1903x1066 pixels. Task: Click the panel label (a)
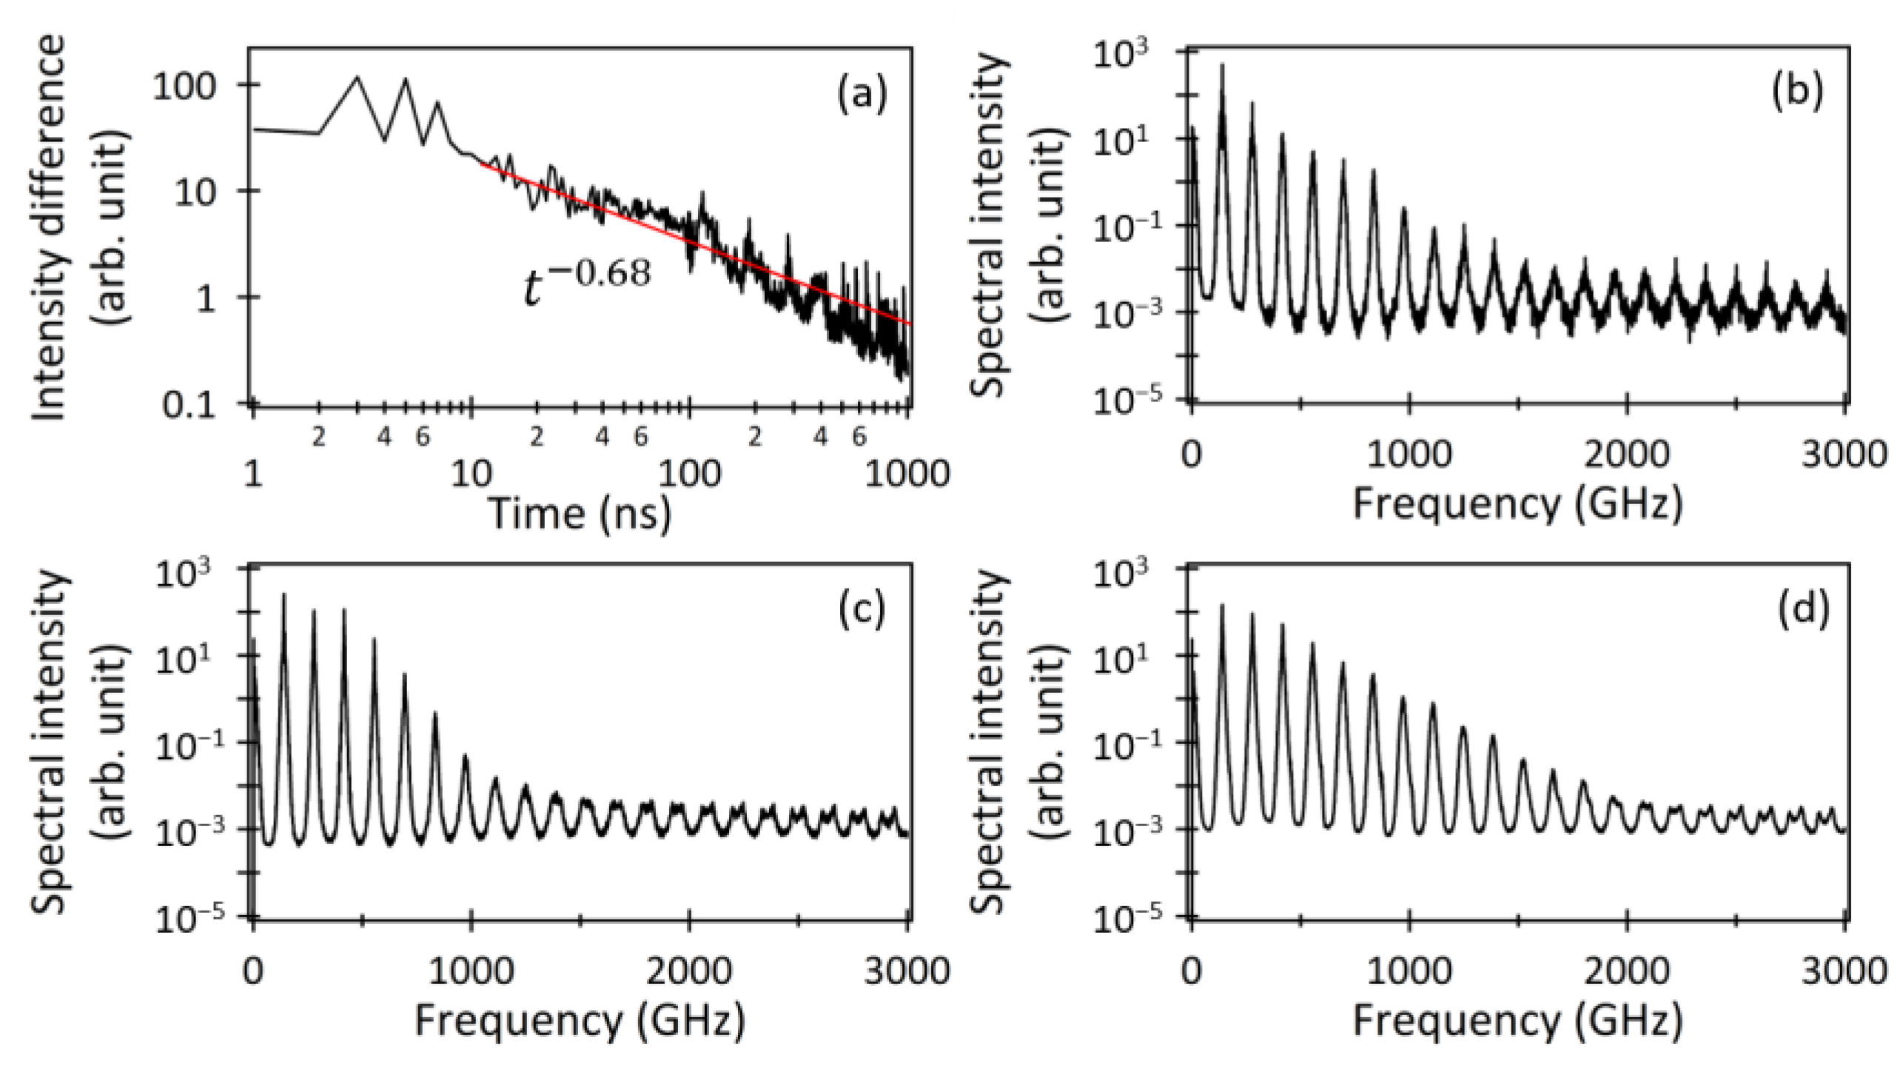(861, 96)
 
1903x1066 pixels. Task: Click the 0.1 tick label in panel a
(189, 405)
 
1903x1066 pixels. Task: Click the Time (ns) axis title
(580, 512)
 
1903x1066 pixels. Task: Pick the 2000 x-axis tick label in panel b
(1627, 454)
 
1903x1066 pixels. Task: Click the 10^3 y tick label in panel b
(1122, 54)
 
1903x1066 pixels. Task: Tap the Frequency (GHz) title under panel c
(580, 1022)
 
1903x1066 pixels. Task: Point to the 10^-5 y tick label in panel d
(1122, 917)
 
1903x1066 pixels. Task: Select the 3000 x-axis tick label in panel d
(1843, 971)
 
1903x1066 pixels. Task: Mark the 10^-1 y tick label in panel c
(184, 743)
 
